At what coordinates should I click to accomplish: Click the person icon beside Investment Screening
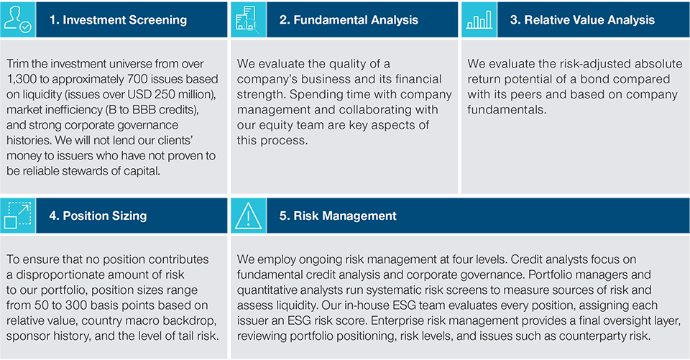point(17,19)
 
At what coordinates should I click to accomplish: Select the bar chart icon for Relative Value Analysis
point(478,19)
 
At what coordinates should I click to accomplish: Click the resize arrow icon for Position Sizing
point(17,215)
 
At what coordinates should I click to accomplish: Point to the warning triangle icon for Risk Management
point(247,215)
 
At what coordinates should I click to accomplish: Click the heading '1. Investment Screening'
point(118,20)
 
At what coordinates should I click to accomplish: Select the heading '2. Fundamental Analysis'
point(349,20)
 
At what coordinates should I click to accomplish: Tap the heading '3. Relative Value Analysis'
point(582,20)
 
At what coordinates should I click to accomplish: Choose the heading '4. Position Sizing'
point(105,216)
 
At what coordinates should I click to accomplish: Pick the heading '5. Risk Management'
point(338,216)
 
